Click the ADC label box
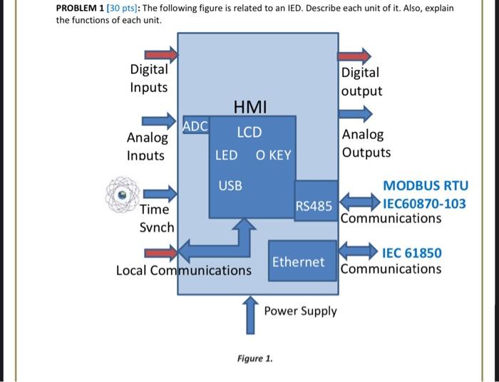tap(195, 126)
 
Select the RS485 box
tap(314, 206)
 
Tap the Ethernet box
tap(298, 262)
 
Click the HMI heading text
tap(250, 108)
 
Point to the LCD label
tap(249, 133)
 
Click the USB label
tap(230, 185)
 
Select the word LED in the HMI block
tap(226, 155)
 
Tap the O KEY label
tap(273, 155)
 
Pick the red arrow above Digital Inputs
tap(161, 55)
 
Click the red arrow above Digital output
tap(354, 56)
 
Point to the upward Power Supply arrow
tap(249, 316)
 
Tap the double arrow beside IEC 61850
tap(358, 250)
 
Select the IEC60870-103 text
tap(425, 204)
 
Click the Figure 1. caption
tap(254, 358)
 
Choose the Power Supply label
tap(300, 311)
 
